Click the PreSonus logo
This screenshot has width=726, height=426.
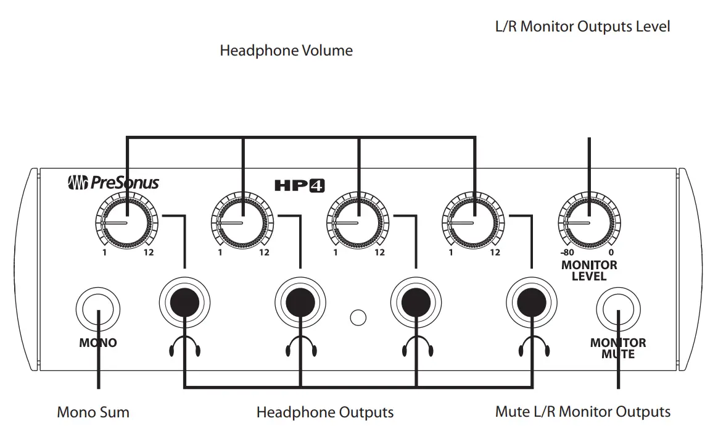pyautogui.click(x=113, y=183)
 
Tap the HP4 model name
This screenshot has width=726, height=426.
pyautogui.click(x=300, y=184)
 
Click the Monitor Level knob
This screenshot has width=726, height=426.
pyautogui.click(x=589, y=222)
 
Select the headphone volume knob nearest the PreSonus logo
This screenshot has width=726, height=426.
pyautogui.click(x=126, y=222)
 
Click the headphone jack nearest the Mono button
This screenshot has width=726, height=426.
pyautogui.click(x=184, y=301)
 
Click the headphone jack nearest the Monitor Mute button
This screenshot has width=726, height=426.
pyautogui.click(x=531, y=301)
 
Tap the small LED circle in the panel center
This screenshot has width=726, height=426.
pyautogui.click(x=358, y=317)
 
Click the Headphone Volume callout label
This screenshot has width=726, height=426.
pyautogui.click(x=286, y=51)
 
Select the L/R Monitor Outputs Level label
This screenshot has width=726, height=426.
pyautogui.click(x=582, y=27)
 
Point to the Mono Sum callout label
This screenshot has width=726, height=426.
pyautogui.click(x=93, y=412)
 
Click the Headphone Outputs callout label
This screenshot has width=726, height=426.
pyautogui.click(x=325, y=412)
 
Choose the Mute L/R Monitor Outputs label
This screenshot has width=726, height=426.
pyautogui.click(x=583, y=412)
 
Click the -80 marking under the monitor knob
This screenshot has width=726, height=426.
pyautogui.click(x=567, y=253)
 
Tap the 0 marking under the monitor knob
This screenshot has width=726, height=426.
pyautogui.click(x=611, y=253)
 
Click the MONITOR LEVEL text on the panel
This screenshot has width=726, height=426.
pyautogui.click(x=589, y=270)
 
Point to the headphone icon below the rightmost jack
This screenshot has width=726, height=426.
pyautogui.click(x=531, y=348)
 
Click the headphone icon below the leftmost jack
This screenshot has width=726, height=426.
pyautogui.click(x=184, y=348)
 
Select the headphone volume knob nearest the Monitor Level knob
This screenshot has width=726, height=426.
pyautogui.click(x=474, y=222)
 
